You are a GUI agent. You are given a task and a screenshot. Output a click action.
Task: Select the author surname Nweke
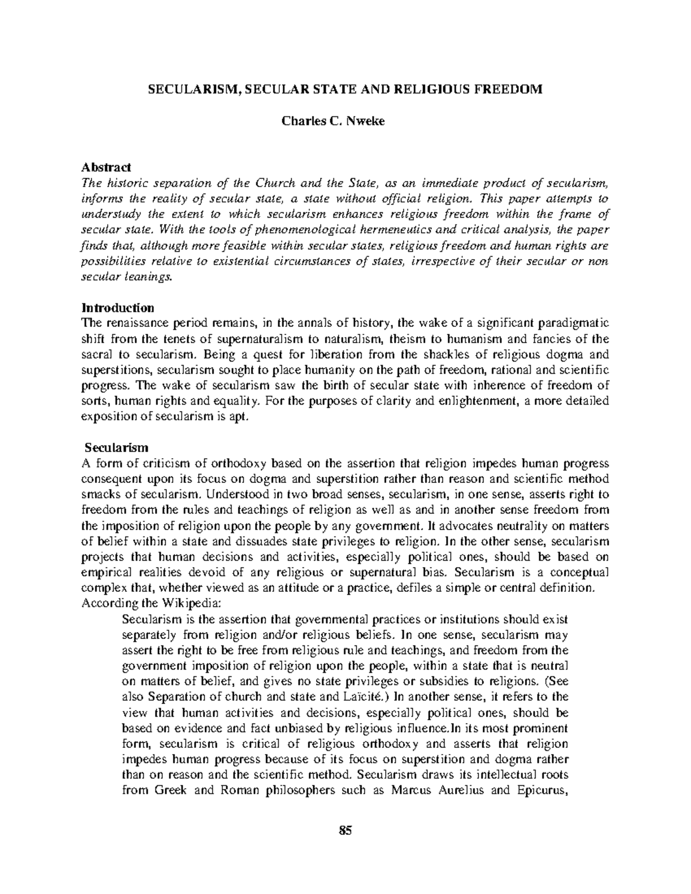pyautogui.click(x=365, y=121)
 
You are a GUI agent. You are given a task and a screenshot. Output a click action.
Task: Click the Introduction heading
pyautogui.click(x=118, y=307)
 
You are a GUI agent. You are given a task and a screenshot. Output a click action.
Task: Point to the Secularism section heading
pyautogui.click(x=117, y=447)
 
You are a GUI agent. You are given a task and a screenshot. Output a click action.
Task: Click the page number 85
pyautogui.click(x=345, y=830)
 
